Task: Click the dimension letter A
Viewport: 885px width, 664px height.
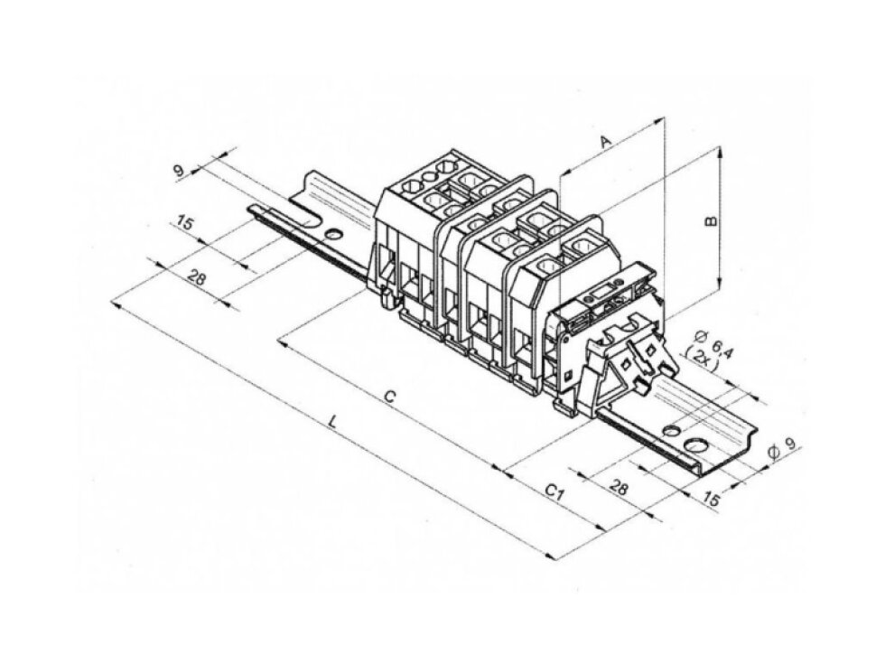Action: click(x=605, y=141)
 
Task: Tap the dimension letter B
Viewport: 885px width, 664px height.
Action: click(x=713, y=220)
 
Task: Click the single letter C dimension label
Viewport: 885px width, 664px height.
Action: click(x=389, y=397)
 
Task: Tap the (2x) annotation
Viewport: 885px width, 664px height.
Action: click(x=701, y=360)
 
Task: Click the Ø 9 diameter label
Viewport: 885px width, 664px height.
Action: click(x=783, y=445)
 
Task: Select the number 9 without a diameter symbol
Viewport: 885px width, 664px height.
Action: click(x=179, y=171)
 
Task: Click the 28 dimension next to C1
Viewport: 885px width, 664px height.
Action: click(x=619, y=487)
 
